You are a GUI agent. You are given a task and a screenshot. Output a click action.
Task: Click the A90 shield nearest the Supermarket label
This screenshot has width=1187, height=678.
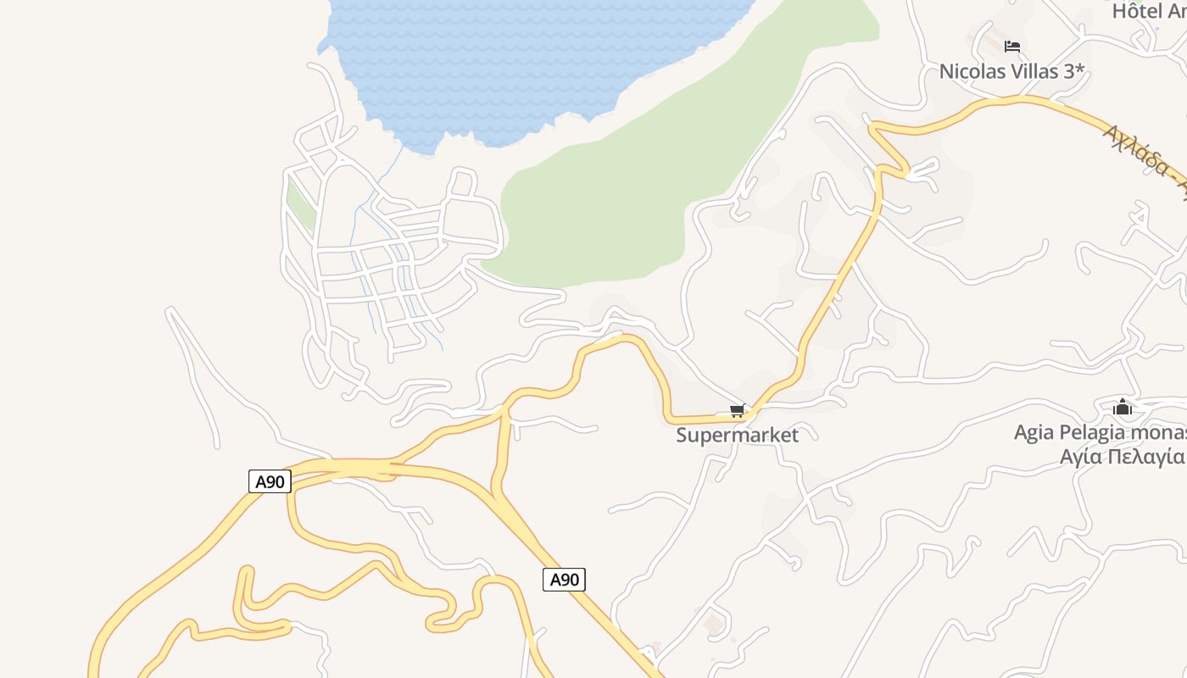[x=564, y=580]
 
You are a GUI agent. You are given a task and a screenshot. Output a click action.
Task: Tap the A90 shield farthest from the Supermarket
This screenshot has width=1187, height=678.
[x=270, y=481]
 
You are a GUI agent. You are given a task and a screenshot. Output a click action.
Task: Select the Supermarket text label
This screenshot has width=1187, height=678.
[x=737, y=436]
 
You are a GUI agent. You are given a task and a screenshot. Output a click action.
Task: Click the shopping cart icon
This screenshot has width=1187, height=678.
[x=737, y=411]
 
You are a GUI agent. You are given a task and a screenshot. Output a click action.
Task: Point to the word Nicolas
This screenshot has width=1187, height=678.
[x=971, y=71]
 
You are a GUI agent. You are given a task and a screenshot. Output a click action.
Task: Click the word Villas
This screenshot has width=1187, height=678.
[x=1034, y=71]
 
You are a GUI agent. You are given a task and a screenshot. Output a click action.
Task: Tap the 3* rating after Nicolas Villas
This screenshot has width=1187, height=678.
[x=1074, y=71]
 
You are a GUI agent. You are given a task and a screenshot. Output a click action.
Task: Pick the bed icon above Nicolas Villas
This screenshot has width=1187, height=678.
[x=1011, y=47]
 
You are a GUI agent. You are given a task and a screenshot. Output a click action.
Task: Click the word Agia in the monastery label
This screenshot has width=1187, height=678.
[x=1034, y=432]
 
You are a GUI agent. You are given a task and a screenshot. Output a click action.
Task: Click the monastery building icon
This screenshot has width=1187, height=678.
[x=1123, y=408]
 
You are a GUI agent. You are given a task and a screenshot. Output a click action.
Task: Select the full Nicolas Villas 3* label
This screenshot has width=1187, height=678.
[x=1011, y=71]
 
